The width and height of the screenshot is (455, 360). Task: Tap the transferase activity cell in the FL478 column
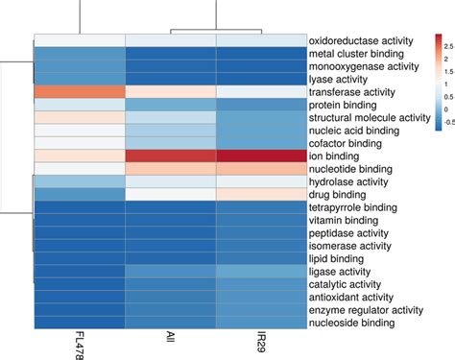click(x=81, y=91)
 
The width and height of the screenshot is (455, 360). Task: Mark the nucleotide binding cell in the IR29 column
click(x=260, y=168)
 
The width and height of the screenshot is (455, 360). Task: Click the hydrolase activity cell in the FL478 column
click(x=81, y=181)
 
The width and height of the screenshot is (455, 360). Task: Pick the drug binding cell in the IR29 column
click(x=260, y=194)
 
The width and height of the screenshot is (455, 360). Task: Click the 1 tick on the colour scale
click(x=443, y=84)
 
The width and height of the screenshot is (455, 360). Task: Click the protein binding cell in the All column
click(x=172, y=104)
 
